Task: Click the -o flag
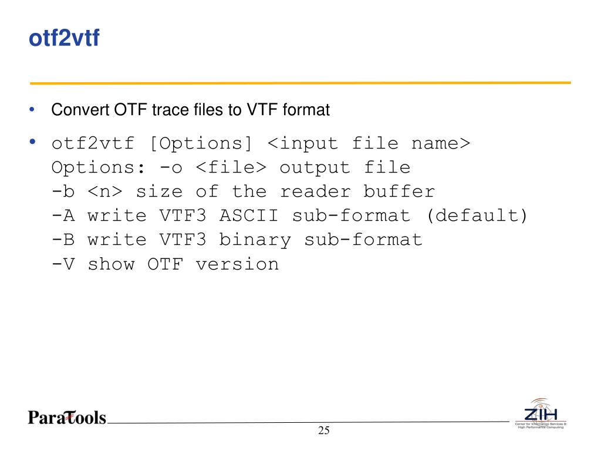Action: coord(171,167)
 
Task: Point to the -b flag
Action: coord(63,191)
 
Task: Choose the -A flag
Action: coord(63,216)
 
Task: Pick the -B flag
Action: coord(63,240)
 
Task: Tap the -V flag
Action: coord(63,264)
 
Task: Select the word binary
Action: coord(255,240)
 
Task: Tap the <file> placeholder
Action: coord(231,167)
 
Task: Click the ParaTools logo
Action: coord(66,418)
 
